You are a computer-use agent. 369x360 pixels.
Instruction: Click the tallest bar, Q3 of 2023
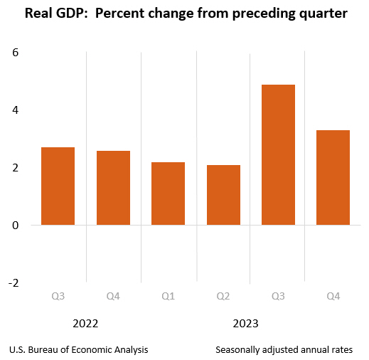click(x=278, y=155)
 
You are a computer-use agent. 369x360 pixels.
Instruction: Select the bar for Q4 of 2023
click(x=333, y=178)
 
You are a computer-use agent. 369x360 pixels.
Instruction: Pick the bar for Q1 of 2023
click(x=168, y=194)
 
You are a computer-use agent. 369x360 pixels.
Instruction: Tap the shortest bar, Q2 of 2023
click(x=223, y=195)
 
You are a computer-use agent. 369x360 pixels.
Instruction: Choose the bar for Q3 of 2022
click(x=58, y=186)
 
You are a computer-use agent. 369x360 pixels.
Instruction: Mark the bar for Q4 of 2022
click(x=113, y=188)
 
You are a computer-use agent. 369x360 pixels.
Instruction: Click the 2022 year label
click(x=85, y=324)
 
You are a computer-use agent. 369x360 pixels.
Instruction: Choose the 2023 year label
click(x=245, y=324)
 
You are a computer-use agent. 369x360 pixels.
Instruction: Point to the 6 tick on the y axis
click(x=15, y=53)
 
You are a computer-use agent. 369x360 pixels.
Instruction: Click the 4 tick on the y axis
click(x=15, y=110)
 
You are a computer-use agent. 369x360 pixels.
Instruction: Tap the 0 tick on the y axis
click(x=15, y=225)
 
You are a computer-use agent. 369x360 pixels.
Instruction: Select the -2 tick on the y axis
click(x=12, y=282)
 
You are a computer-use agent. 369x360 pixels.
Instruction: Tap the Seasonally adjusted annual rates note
click(x=284, y=350)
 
